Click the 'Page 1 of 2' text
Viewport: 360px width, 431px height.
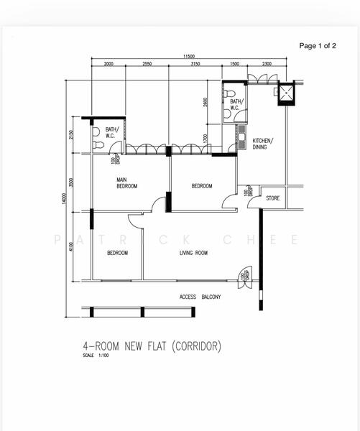[x=317, y=45]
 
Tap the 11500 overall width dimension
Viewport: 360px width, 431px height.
[x=188, y=56]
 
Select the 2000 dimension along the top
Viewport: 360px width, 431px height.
[x=109, y=65]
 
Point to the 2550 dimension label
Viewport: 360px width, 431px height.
[x=147, y=65]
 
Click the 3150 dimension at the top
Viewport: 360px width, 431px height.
[x=195, y=65]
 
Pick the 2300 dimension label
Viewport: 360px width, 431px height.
[x=267, y=65]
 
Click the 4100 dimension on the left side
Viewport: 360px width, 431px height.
[x=71, y=246]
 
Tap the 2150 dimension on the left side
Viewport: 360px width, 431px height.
[x=71, y=135]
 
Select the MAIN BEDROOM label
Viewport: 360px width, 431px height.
[x=127, y=183]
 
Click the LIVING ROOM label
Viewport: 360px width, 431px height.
[x=193, y=254]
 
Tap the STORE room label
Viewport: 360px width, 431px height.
[x=272, y=198]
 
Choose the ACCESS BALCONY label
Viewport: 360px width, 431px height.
[x=200, y=297]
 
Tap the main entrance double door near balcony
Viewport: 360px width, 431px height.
[x=246, y=279]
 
